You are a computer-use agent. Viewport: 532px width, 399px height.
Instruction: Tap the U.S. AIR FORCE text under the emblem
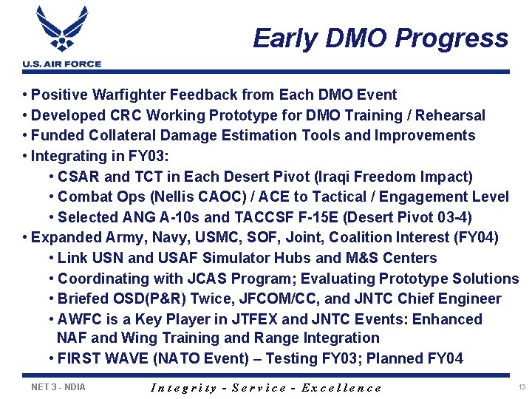coord(61,64)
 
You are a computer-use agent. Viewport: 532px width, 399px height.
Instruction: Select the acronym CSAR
coord(79,177)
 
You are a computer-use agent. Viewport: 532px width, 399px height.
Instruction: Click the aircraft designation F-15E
coord(302,217)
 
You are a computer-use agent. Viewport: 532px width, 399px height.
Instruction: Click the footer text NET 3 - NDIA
coord(58,386)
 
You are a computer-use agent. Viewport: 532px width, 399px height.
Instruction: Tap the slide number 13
coord(522,387)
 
